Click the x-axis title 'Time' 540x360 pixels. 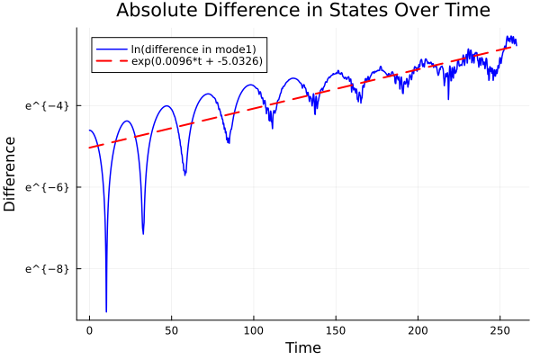click(x=302, y=347)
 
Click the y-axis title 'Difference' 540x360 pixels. click(x=11, y=174)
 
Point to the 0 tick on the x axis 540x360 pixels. click(x=89, y=331)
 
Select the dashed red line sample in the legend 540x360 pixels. click(x=112, y=61)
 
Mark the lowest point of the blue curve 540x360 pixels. click(x=106, y=311)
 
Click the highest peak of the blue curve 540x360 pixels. click(x=509, y=37)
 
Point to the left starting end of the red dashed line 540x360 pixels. click(x=90, y=148)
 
